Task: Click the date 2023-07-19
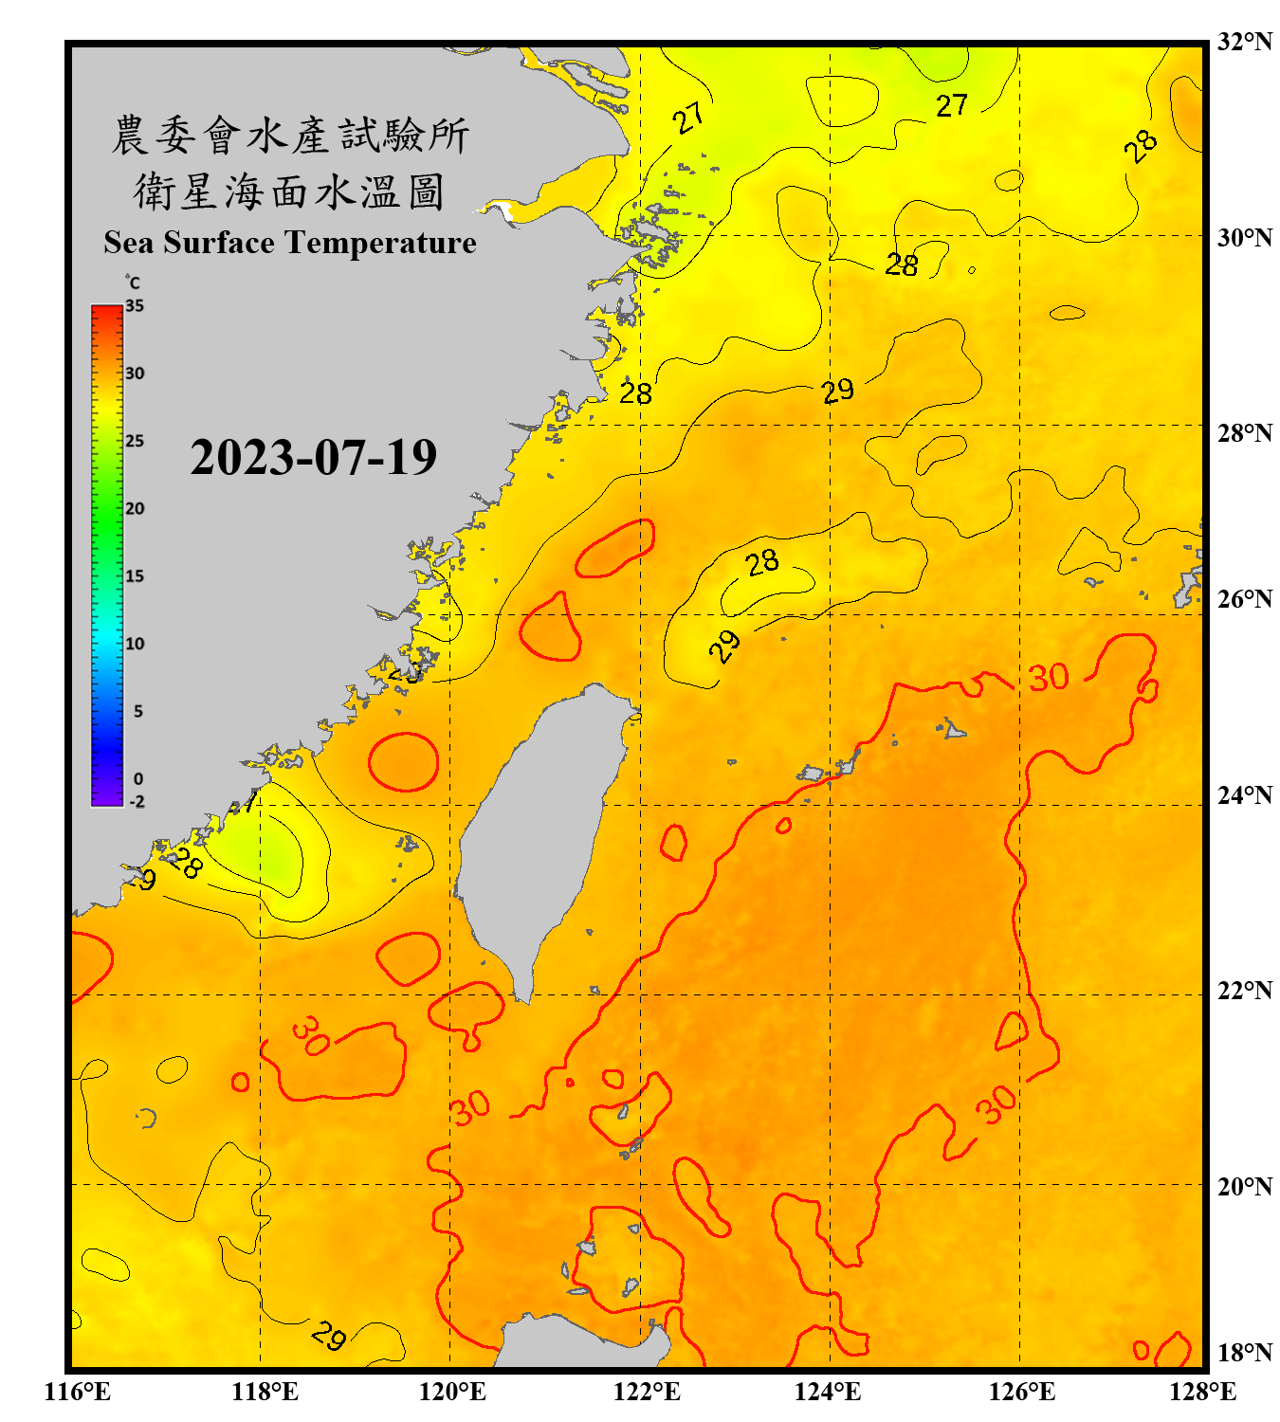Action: (313, 458)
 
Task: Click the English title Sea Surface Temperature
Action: (290, 243)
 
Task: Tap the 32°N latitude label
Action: (1244, 42)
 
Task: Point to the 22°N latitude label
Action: (1244, 991)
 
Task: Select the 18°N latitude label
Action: (1244, 1353)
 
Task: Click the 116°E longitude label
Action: (77, 1392)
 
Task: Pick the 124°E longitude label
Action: (828, 1392)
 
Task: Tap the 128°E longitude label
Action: (1202, 1392)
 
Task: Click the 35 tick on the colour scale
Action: (135, 306)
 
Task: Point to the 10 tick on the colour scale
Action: (135, 644)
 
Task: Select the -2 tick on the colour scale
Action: (137, 802)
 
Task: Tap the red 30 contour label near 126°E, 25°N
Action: (1049, 678)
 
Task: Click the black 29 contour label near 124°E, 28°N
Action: (837, 391)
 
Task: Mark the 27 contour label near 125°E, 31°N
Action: (951, 105)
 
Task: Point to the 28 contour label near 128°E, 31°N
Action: (1141, 145)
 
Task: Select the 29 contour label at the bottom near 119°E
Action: (329, 1336)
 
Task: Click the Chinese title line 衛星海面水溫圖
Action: (289, 191)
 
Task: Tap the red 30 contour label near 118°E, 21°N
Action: (310, 1034)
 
